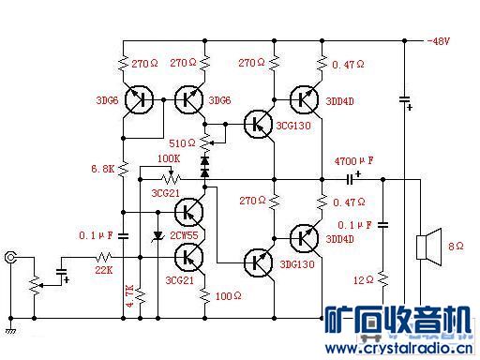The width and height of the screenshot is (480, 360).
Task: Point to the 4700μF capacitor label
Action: click(353, 160)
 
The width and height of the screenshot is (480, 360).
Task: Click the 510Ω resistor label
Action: click(182, 142)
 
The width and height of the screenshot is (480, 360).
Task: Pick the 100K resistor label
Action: click(169, 160)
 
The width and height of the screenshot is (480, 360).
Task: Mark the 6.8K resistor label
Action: click(102, 170)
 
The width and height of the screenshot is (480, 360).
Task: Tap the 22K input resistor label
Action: click(103, 269)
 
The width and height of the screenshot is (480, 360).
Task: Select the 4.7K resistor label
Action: click(130, 295)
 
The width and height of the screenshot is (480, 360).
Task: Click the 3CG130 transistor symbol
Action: click(255, 123)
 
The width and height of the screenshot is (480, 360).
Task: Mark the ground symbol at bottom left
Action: click(11, 329)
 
